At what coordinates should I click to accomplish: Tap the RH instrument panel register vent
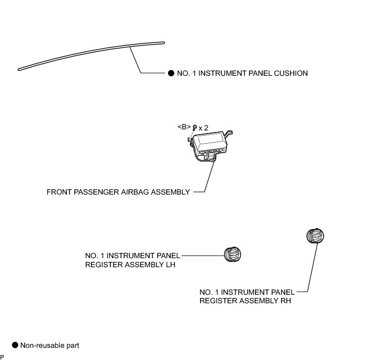317,236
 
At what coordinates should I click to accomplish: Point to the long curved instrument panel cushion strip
90,55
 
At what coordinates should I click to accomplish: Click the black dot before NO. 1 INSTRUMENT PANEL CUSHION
171,73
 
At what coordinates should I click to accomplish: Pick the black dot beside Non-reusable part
15,345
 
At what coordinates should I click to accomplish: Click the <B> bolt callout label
183,128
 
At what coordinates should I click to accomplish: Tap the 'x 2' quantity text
204,128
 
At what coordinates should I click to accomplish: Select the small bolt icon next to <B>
195,128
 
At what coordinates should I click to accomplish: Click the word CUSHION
291,73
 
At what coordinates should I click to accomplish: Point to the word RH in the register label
285,301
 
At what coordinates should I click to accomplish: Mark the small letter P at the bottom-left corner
2,357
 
